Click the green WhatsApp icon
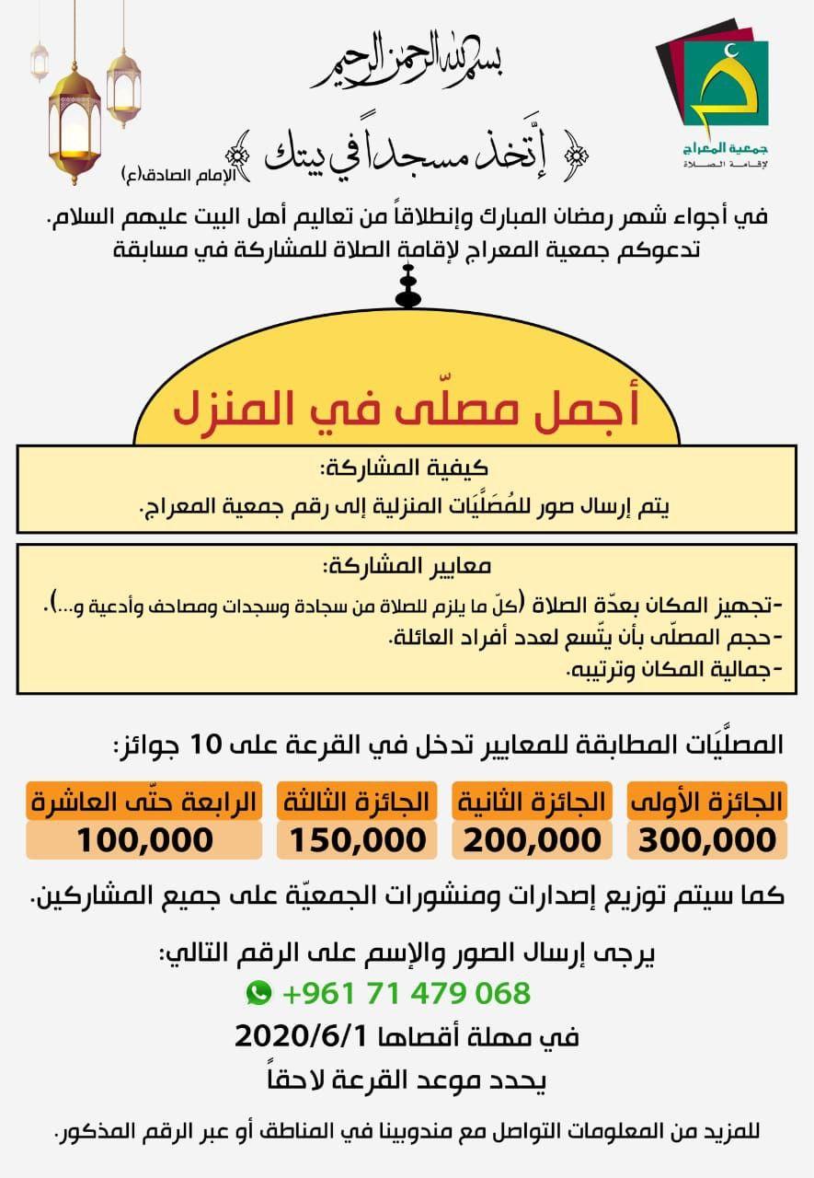pyautogui.click(x=259, y=992)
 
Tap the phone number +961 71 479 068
pyautogui.click(x=406, y=993)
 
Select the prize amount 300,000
pyautogui.click(x=706, y=839)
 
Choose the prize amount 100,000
pyautogui.click(x=144, y=839)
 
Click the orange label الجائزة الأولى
pyautogui.click(x=706, y=801)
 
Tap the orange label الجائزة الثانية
pyautogui.click(x=532, y=801)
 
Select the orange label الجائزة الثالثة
pyautogui.click(x=355, y=801)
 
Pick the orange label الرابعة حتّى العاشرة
pyautogui.click(x=144, y=801)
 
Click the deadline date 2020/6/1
pyautogui.click(x=302, y=1035)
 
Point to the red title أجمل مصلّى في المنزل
pyautogui.click(x=405, y=410)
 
